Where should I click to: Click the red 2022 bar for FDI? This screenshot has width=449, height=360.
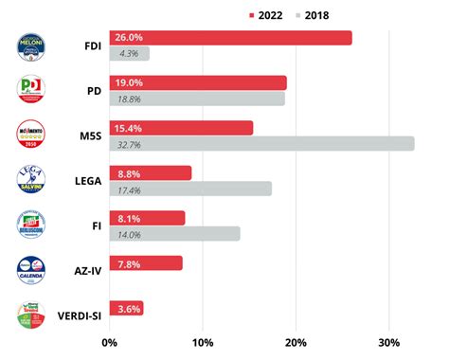[x=230, y=38]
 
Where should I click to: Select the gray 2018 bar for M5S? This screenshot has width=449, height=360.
[x=261, y=143]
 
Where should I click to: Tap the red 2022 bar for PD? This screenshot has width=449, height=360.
[x=198, y=82]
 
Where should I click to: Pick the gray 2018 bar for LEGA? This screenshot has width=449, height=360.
[x=190, y=189]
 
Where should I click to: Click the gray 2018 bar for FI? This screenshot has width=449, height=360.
[x=174, y=233]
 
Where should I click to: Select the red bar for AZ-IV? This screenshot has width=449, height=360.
[x=146, y=263]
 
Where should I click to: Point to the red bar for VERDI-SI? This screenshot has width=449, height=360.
[x=126, y=308]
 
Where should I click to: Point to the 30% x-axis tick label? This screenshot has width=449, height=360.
[x=389, y=342]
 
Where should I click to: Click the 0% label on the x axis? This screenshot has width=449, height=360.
[x=110, y=342]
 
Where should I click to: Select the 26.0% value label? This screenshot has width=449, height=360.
[x=128, y=38]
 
